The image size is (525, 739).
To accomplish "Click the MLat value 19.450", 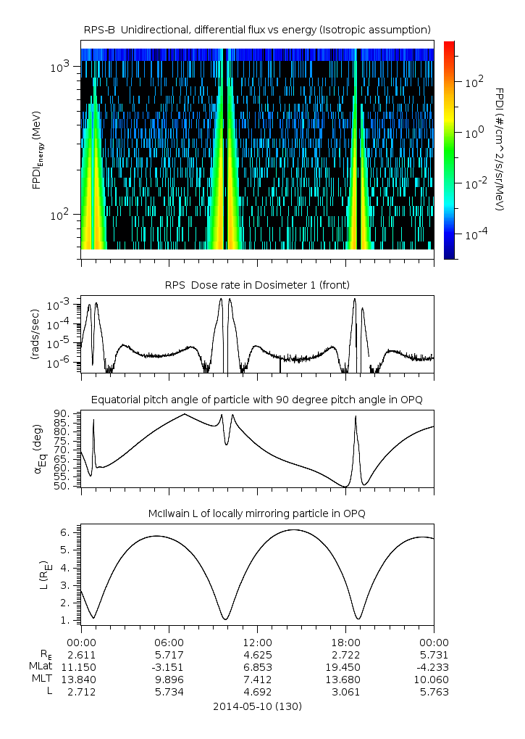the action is [345, 667].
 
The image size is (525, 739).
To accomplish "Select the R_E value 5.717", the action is [169, 655].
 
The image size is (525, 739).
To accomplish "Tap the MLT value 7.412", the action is [257, 680].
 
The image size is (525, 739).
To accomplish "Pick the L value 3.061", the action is [345, 692].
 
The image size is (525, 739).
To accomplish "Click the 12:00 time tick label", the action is [257, 643].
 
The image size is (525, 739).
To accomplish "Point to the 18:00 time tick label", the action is [345, 643].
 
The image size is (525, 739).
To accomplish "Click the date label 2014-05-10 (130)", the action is [257, 706].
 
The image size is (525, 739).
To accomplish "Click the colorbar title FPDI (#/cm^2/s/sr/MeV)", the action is [500, 149].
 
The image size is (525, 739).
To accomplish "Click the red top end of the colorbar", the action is [450, 43].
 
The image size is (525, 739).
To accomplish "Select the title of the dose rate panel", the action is [257, 285].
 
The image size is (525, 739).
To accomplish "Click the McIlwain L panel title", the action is [257, 513].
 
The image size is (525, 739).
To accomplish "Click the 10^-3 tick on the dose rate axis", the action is [59, 305].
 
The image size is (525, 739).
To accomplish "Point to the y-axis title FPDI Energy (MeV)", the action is [37, 150].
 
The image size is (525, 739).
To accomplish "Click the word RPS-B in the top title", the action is [99, 30].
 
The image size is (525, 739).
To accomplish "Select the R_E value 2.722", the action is [345, 655].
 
